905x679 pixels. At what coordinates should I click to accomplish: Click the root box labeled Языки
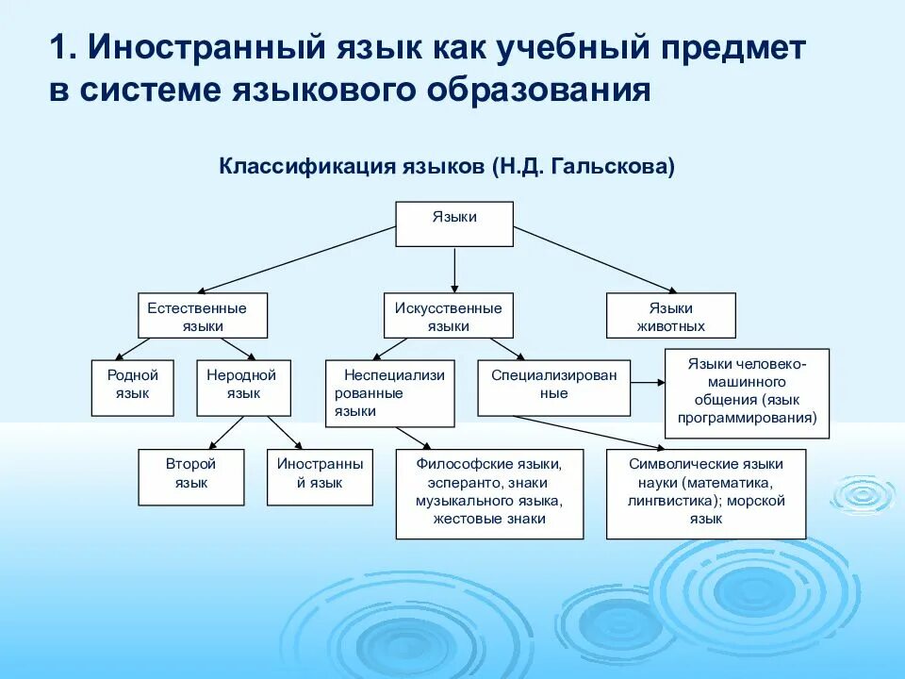[x=454, y=224]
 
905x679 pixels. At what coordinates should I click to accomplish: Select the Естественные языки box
[x=203, y=316]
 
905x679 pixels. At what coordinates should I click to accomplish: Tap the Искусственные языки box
[x=449, y=316]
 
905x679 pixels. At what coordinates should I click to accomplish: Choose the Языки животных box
[x=670, y=316]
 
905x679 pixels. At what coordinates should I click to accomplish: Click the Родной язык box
[x=133, y=388]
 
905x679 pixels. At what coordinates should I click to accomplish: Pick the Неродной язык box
[x=243, y=388]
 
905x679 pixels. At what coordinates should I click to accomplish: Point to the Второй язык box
[x=191, y=476]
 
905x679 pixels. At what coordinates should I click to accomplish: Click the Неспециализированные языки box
[x=390, y=392]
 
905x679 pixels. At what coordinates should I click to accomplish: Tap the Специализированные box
[x=553, y=388]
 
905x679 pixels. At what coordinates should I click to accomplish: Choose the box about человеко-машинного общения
[x=747, y=393]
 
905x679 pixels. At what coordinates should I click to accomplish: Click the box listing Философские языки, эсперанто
[x=489, y=494]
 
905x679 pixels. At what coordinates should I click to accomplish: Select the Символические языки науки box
[x=706, y=494]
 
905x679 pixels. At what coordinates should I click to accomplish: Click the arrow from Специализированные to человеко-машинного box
[x=648, y=382]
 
